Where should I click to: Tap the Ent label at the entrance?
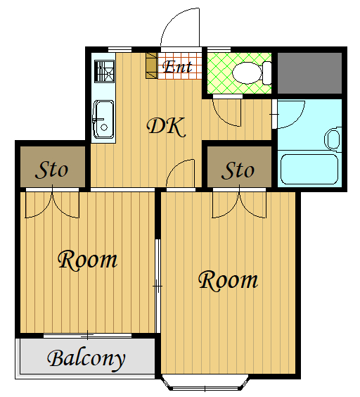point(177,67)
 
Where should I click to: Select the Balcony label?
point(86,359)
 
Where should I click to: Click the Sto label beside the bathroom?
point(238,170)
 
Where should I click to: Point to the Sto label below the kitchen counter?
point(51,170)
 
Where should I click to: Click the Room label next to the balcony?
point(87,260)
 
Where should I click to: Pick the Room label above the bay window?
point(229,280)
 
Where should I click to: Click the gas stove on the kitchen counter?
point(105,71)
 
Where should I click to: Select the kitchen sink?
point(104,120)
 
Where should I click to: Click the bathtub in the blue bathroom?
point(309,169)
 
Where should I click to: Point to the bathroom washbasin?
point(333,139)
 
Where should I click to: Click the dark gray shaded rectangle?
point(309,73)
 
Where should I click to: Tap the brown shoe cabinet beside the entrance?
point(152,65)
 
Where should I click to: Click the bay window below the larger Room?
point(205,383)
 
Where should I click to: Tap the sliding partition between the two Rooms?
point(157,286)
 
